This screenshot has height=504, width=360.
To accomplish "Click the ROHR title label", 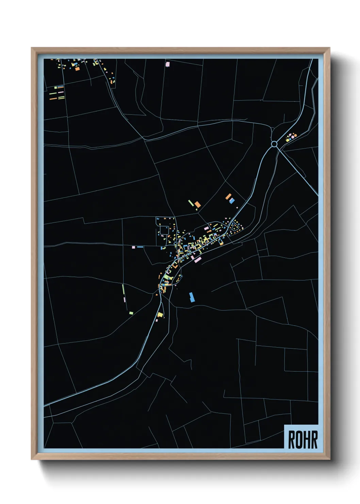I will click(x=302, y=439).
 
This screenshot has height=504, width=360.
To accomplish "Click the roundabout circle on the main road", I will click(x=274, y=144).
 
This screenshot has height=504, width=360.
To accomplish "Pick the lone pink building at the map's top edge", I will click(x=167, y=64).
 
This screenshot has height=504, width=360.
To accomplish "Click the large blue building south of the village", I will click(x=192, y=297).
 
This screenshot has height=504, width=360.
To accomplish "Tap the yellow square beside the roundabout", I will click(x=288, y=140).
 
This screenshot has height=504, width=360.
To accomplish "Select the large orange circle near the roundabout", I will click(x=295, y=136).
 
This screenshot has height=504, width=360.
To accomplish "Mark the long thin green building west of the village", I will click(x=123, y=289).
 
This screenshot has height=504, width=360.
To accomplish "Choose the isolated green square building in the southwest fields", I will click(x=131, y=313).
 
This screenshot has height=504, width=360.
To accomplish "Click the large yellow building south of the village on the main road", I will click(x=160, y=315).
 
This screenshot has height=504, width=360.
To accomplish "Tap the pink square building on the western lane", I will click(x=133, y=247).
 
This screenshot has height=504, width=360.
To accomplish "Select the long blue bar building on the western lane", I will click(x=140, y=247).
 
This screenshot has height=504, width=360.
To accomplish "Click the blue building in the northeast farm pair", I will click(x=232, y=201).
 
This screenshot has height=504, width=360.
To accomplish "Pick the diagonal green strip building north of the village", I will click(x=191, y=203).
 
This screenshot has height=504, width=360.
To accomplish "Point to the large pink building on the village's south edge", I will click(x=197, y=259).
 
